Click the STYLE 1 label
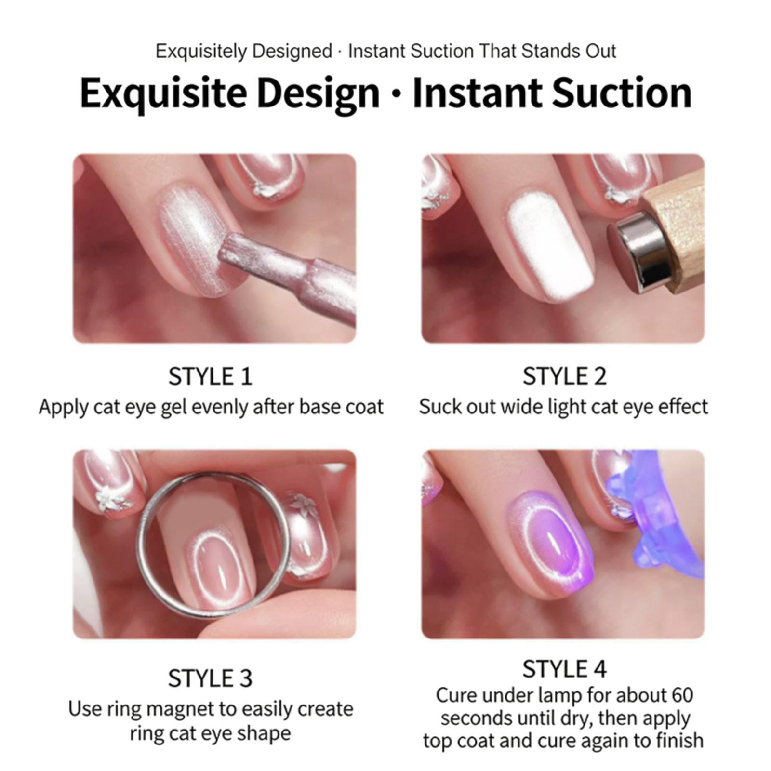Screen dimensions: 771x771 [x=210, y=376]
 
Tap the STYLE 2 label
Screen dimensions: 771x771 [x=564, y=376]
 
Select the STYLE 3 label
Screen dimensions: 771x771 [x=210, y=678]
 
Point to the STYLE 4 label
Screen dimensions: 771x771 [x=564, y=669]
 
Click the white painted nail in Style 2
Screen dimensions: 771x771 [x=551, y=251]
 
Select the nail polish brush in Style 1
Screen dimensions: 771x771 [x=284, y=275]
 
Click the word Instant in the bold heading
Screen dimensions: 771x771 [x=478, y=93]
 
